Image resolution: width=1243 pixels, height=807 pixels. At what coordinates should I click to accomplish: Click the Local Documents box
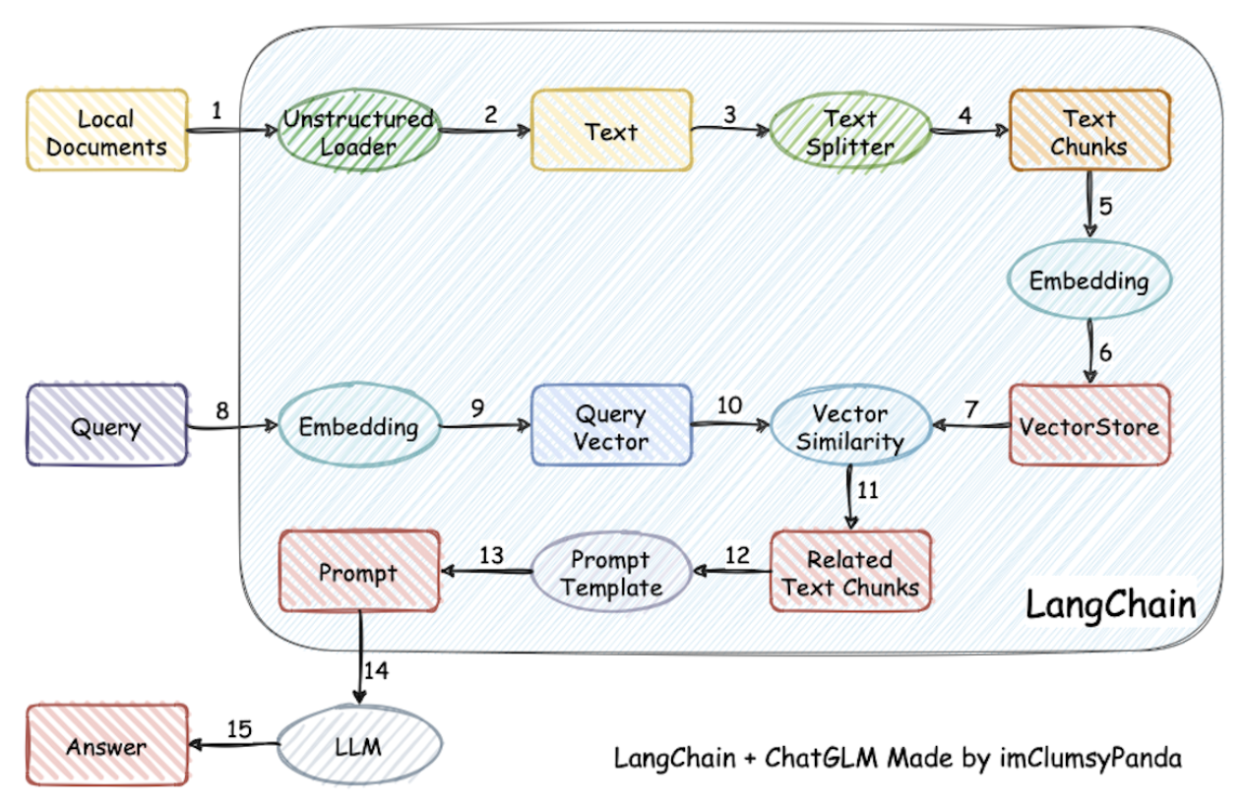pyautogui.click(x=106, y=132)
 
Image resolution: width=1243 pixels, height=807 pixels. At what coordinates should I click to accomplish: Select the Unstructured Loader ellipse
pyautogui.click(x=358, y=132)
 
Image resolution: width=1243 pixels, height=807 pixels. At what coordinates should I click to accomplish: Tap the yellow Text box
pyautogui.click(x=611, y=132)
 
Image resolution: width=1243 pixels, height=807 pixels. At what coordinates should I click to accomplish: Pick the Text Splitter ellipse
pyautogui.click(x=849, y=132)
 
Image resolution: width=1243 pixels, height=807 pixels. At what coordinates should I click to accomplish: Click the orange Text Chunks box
pyautogui.click(x=1088, y=132)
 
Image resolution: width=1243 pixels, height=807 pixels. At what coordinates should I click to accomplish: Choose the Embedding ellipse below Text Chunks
pyautogui.click(x=1088, y=280)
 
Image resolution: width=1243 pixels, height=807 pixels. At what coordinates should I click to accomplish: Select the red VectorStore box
pyautogui.click(x=1089, y=426)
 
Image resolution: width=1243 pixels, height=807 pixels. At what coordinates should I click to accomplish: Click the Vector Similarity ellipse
pyautogui.click(x=849, y=426)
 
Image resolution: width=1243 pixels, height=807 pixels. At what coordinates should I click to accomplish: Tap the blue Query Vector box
pyautogui.click(x=611, y=426)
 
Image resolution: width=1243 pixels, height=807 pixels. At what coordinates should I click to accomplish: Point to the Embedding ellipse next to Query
pyautogui.click(x=358, y=426)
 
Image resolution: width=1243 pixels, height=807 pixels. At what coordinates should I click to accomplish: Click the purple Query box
pyautogui.click(x=106, y=426)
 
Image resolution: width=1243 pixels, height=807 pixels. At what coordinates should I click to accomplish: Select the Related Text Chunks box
pyautogui.click(x=849, y=573)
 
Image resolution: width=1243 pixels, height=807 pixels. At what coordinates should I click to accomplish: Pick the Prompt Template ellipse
pyautogui.click(x=611, y=573)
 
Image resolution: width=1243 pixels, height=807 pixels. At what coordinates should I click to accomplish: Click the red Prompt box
pyautogui.click(x=358, y=573)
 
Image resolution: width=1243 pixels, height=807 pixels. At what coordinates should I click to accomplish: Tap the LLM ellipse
pyautogui.click(x=358, y=747)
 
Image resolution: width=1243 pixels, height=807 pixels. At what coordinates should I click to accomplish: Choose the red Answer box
pyautogui.click(x=106, y=747)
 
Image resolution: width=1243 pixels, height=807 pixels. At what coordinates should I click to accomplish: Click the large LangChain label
pyautogui.click(x=1110, y=604)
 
